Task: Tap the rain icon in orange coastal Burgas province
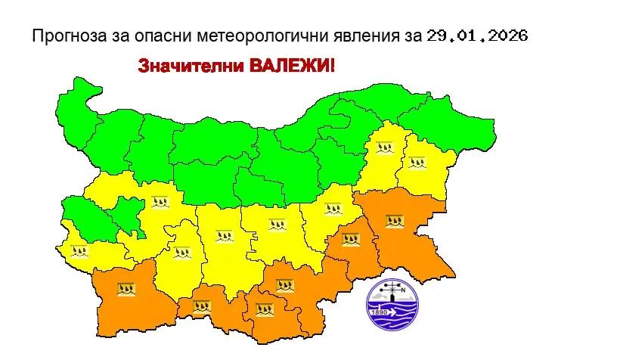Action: click(x=394, y=222)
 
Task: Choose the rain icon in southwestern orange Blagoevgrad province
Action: click(x=126, y=288)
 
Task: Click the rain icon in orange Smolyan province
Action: click(x=202, y=306)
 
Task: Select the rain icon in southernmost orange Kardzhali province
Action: click(x=264, y=309)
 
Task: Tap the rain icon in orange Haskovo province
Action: click(x=284, y=286)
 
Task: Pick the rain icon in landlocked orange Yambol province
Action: click(x=350, y=239)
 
